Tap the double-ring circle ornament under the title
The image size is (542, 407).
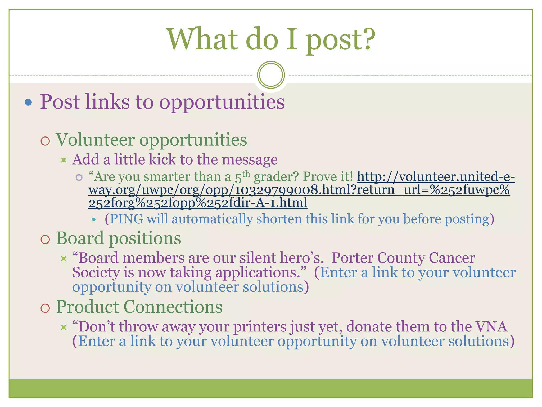click(x=271, y=75)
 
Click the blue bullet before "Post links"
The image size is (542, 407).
click(x=28, y=103)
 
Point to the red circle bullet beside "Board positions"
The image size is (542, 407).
click(x=45, y=240)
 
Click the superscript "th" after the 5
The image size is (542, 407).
click(x=246, y=174)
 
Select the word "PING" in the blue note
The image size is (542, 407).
click(x=127, y=219)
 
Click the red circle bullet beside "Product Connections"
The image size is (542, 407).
click(x=45, y=308)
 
